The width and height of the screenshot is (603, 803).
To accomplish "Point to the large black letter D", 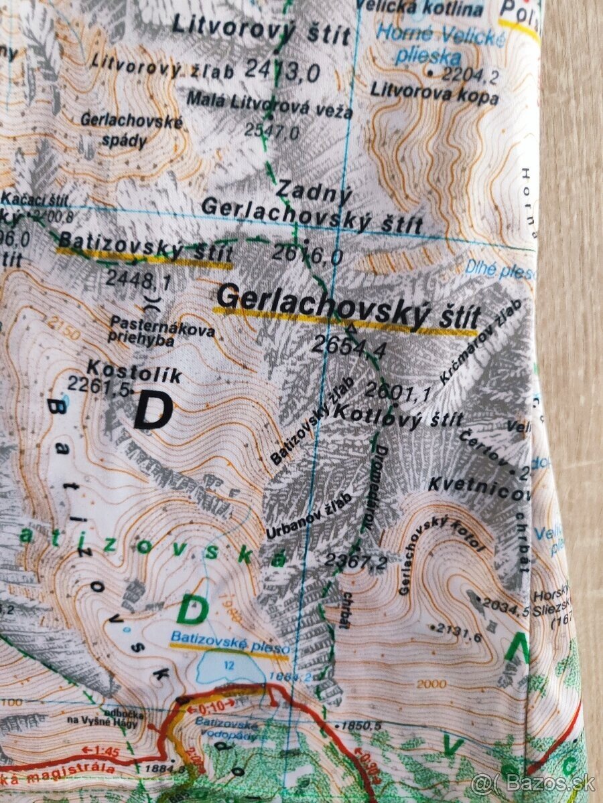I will pyautogui.click(x=153, y=411).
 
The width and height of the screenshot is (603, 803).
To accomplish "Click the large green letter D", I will pyautogui.click(x=192, y=610).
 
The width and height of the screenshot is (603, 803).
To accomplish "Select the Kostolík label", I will pyautogui.click(x=134, y=370).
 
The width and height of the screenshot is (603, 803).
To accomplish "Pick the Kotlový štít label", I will pyautogui.click(x=397, y=416).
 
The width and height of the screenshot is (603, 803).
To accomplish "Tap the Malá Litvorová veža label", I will pyautogui.click(x=269, y=105).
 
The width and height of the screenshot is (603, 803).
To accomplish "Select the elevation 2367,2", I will pyautogui.click(x=356, y=561).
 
